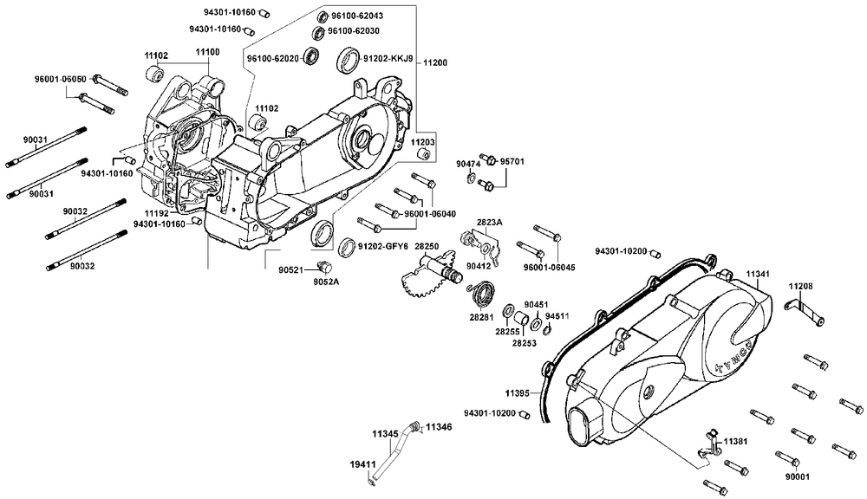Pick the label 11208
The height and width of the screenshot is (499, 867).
[x=800, y=286]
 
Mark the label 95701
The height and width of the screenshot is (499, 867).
[x=512, y=162]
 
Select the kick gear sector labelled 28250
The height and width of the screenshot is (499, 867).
[x=421, y=279]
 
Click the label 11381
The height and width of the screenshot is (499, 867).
[x=738, y=441]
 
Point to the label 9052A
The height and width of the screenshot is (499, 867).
[x=326, y=281]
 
